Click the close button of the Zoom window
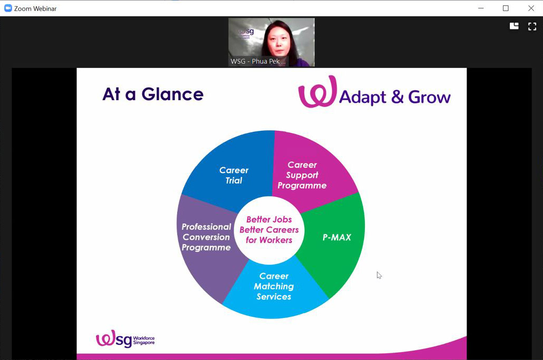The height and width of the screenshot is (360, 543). (x=531, y=8)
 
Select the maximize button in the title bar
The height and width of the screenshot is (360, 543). (x=506, y=8)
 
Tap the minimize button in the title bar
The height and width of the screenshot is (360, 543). (x=481, y=8)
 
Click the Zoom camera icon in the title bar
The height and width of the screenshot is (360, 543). (x=8, y=8)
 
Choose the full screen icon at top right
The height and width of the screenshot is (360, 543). (x=532, y=26)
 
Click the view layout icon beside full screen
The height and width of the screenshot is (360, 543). (x=514, y=26)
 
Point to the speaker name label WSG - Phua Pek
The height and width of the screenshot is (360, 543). (x=258, y=62)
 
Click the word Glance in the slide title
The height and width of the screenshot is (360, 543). (x=172, y=94)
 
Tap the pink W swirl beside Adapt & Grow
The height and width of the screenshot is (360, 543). (x=317, y=91)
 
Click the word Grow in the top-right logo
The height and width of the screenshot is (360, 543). (x=430, y=98)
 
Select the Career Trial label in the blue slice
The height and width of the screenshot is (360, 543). (x=234, y=175)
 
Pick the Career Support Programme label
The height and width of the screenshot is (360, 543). (x=302, y=175)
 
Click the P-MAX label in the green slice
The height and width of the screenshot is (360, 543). (x=337, y=237)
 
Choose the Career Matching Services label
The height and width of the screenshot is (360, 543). (x=274, y=286)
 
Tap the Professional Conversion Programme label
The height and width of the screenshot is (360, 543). (x=207, y=237)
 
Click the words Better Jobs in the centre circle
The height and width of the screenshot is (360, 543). (x=269, y=219)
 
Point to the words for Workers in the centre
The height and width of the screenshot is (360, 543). (x=269, y=240)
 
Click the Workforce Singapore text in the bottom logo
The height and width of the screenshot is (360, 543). (x=144, y=340)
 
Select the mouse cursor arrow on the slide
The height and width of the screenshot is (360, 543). (x=379, y=275)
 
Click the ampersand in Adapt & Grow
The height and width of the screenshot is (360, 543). (x=397, y=98)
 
